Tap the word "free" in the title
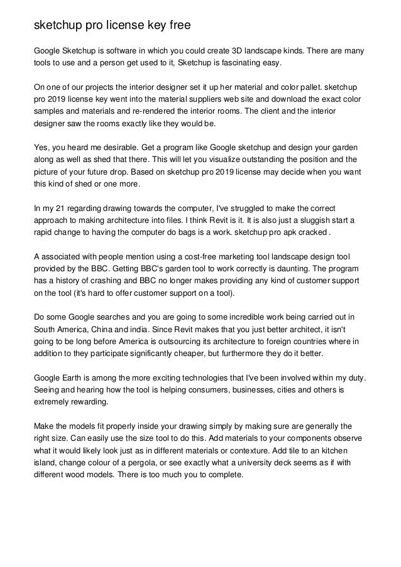click(x=175, y=26)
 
